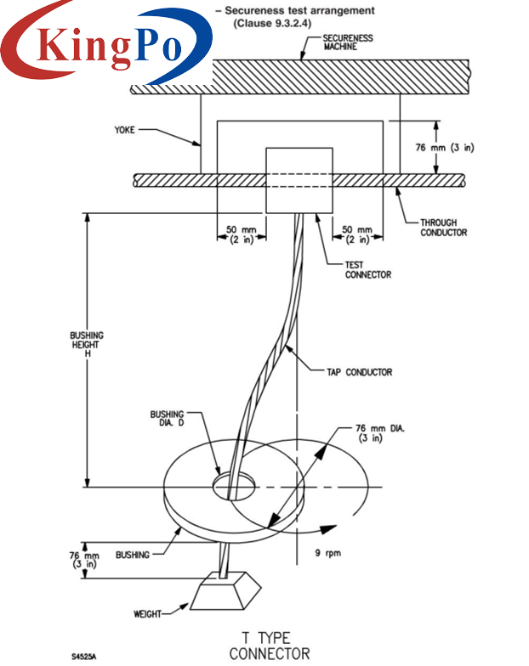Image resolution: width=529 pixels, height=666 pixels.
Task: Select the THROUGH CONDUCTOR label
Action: pos(444,227)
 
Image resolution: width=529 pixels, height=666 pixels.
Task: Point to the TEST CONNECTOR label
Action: pos(367,269)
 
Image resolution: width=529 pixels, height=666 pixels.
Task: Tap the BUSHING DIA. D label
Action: pos(167,419)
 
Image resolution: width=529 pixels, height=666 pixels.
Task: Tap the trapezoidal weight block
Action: pos(224,590)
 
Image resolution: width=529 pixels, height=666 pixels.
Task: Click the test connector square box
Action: pos(299,180)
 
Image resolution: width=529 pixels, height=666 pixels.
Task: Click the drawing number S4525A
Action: pos(84,655)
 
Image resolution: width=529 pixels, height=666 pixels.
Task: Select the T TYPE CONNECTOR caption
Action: pos(270,645)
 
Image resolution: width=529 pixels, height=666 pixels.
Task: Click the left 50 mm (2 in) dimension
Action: pos(242,234)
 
